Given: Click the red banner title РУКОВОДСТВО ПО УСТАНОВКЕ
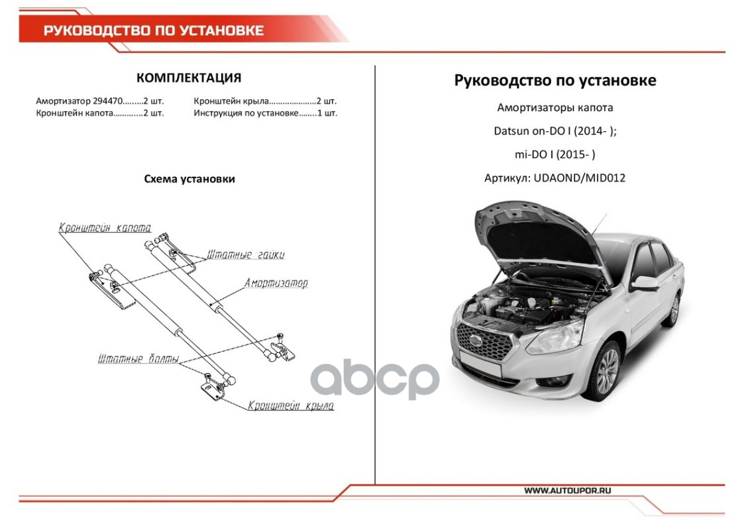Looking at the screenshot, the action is [x=154, y=30].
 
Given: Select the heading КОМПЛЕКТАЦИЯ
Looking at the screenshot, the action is [x=189, y=78].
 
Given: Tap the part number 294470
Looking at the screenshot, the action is [x=108, y=101].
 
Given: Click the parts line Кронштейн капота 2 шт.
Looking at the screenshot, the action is [x=100, y=113].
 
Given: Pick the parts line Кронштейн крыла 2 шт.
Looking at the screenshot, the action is [x=265, y=101].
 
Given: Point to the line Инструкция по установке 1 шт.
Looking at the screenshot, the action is [x=265, y=113].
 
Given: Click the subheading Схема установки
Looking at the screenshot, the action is [x=189, y=179].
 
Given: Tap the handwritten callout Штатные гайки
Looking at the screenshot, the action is [x=245, y=254].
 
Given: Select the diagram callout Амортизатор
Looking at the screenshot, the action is [x=276, y=283].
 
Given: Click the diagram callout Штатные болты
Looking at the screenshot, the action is [x=138, y=358].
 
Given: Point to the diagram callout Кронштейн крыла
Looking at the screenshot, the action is [x=290, y=405].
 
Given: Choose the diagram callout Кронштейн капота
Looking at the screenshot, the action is [x=105, y=227].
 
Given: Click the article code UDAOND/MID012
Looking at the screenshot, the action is [x=579, y=178].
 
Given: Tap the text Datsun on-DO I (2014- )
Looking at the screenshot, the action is [x=555, y=131].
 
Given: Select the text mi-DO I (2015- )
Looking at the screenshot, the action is [x=555, y=154].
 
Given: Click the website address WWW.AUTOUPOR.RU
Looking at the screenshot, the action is [x=567, y=490].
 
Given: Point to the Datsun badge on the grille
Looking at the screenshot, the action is [x=476, y=341].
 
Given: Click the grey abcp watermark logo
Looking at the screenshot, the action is [x=374, y=380].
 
